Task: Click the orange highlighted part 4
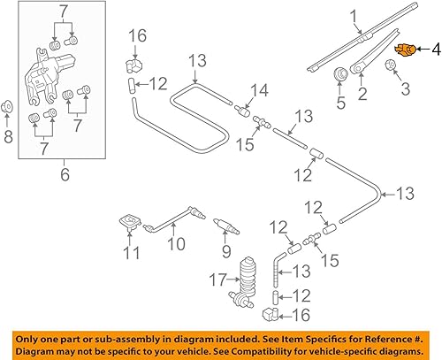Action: pos(406,49)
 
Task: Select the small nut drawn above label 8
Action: pos(8,108)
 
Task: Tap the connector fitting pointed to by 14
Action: pos(241,111)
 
